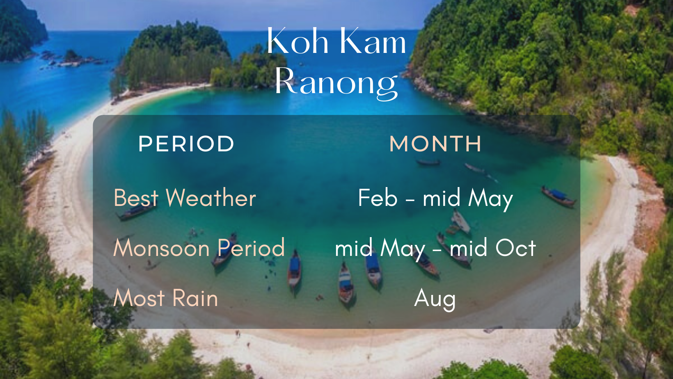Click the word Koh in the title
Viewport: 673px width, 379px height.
tap(298, 41)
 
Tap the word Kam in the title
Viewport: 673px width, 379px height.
tap(373, 41)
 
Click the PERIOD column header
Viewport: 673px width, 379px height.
tap(186, 144)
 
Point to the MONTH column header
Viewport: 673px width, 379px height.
tap(435, 144)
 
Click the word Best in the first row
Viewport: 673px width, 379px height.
tap(136, 198)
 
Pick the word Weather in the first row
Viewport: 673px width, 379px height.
tap(211, 198)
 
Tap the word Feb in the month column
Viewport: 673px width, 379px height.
tap(378, 198)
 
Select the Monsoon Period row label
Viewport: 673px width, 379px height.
tap(199, 248)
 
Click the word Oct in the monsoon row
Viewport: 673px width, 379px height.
tap(515, 248)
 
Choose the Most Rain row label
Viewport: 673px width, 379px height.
tap(165, 298)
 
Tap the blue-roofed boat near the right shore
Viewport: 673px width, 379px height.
tap(559, 196)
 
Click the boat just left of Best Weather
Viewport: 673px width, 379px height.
tap(136, 211)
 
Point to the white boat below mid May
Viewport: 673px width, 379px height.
tap(460, 221)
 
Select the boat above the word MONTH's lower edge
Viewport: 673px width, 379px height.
tap(428, 162)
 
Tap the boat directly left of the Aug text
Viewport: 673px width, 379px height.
tap(346, 283)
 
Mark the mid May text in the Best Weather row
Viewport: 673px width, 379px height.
tap(468, 199)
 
